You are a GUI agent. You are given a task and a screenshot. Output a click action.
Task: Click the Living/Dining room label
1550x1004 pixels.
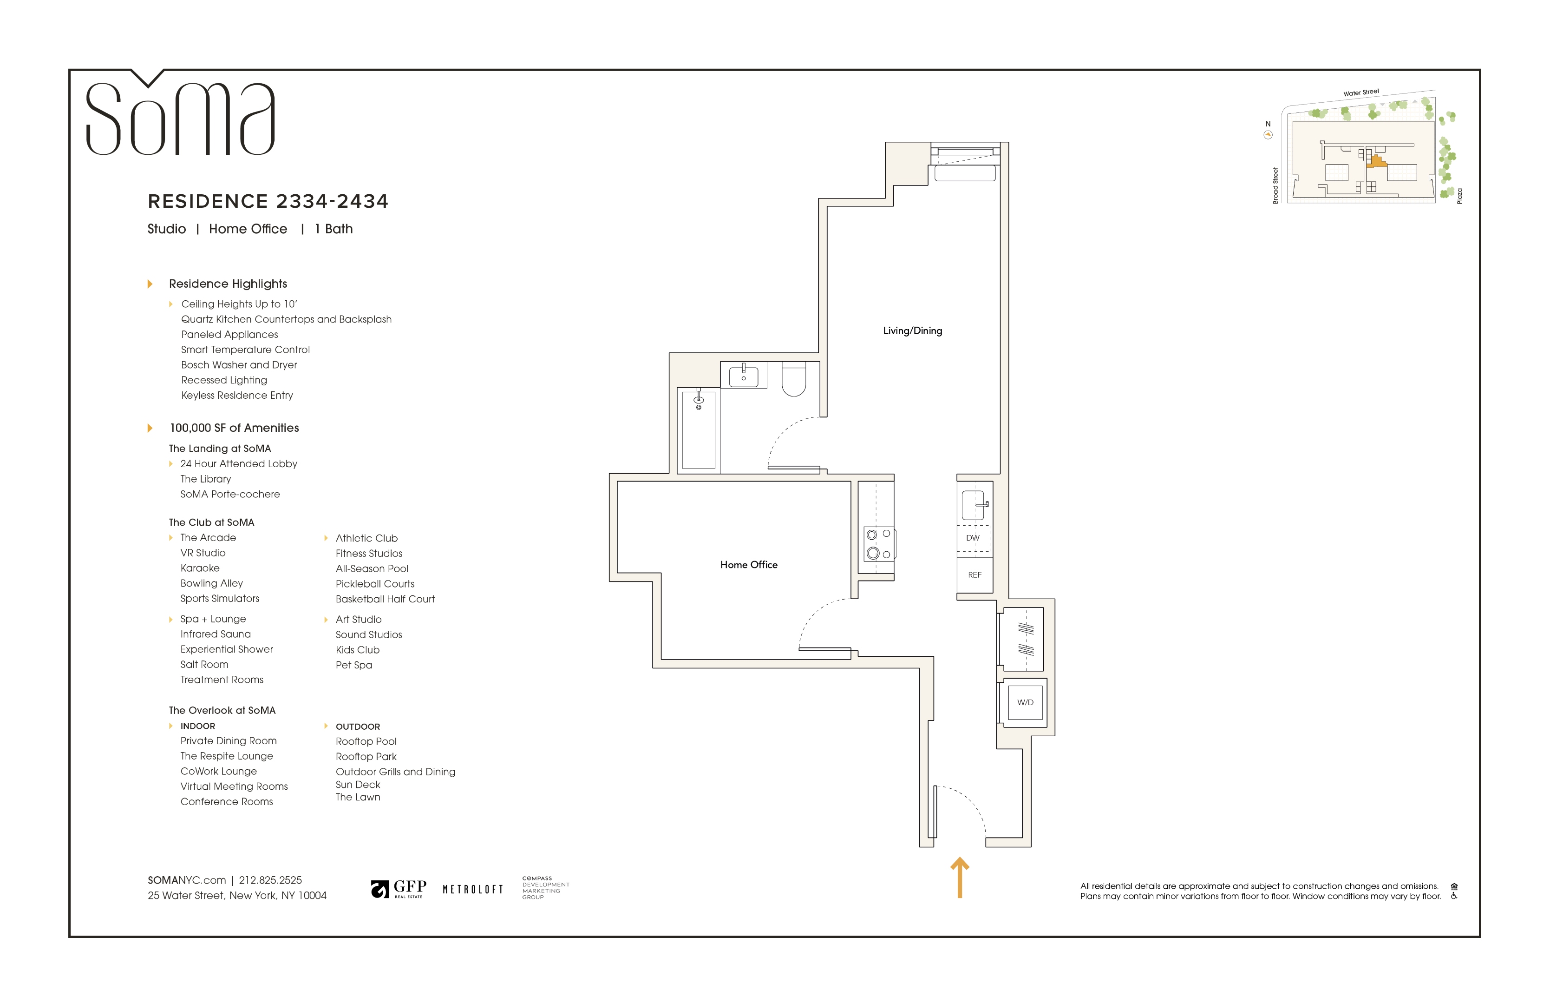pos(912,330)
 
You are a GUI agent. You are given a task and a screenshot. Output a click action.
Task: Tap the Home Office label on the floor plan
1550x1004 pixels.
pos(748,564)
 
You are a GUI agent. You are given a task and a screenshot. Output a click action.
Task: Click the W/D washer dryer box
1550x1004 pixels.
pos(1025,702)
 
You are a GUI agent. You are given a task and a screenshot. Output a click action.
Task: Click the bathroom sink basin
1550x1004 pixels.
pos(743,376)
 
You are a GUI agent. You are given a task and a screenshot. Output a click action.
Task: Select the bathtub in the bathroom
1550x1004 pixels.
pos(698,430)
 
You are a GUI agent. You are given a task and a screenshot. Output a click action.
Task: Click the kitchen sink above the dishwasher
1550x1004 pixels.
pos(973,505)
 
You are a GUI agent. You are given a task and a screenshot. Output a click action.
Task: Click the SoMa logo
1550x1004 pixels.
pos(180,112)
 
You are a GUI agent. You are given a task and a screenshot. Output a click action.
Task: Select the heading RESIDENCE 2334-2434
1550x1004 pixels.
pos(268,201)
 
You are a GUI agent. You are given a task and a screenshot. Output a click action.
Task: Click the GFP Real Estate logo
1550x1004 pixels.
pos(399,889)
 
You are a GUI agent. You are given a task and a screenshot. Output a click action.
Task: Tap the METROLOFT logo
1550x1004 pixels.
pos(473,889)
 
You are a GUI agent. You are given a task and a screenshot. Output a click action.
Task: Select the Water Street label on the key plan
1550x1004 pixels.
pos(1360,92)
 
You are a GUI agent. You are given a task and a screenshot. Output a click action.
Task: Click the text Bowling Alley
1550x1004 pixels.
pos(212,583)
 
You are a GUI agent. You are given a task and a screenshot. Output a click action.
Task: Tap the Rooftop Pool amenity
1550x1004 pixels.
pos(366,741)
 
